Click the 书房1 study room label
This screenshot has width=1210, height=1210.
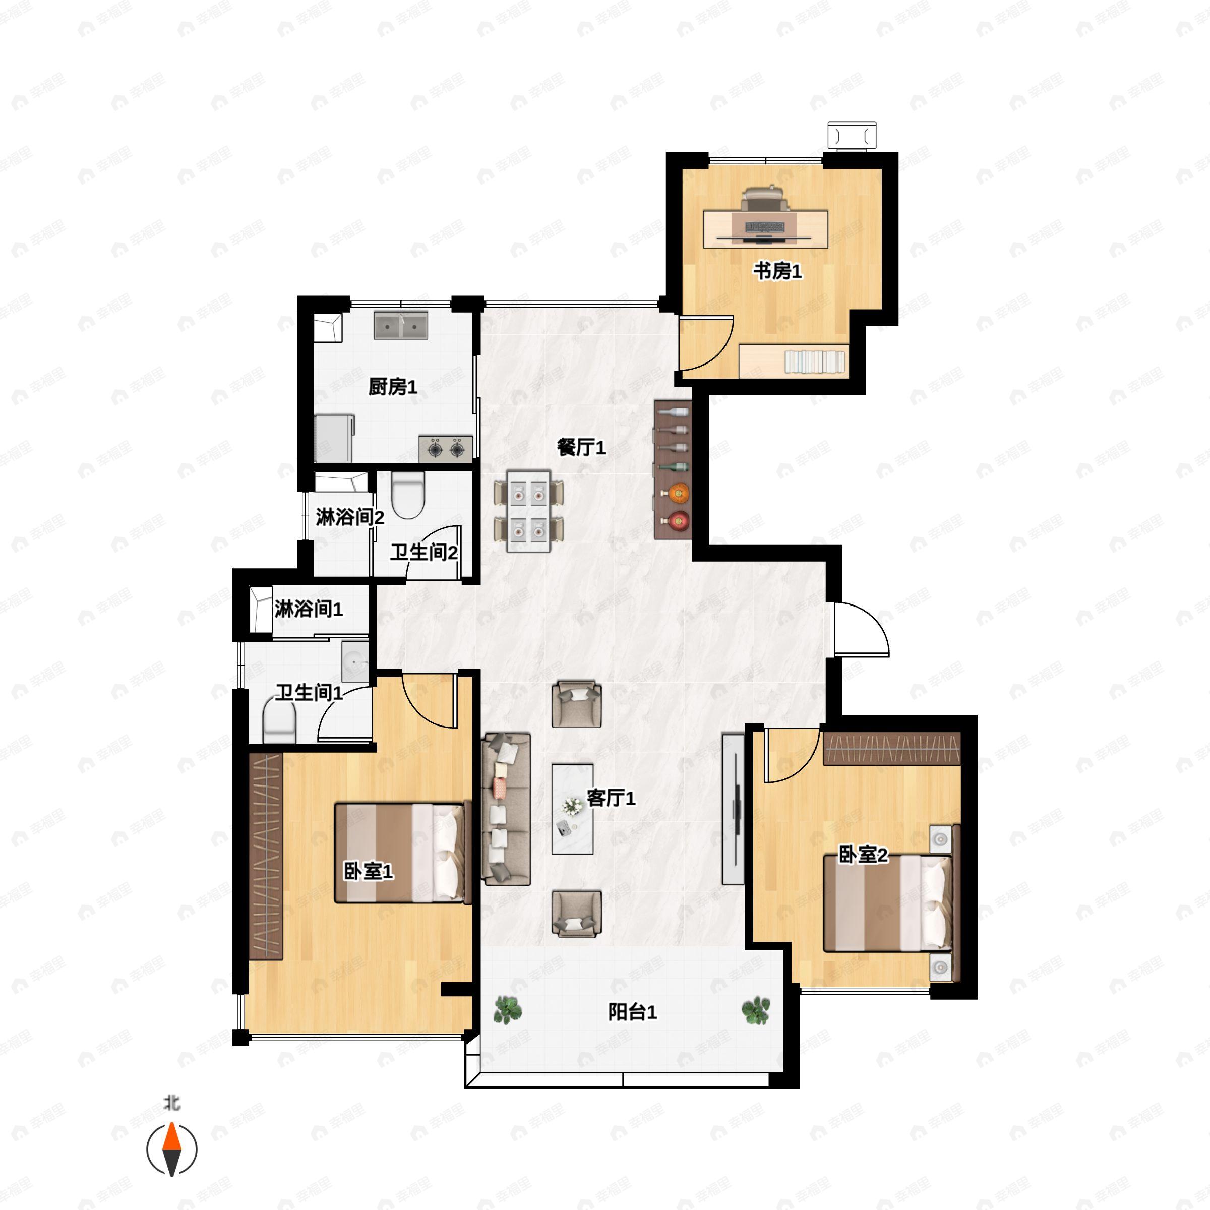777,272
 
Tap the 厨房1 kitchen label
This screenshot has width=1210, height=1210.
393,387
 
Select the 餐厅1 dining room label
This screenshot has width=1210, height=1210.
581,448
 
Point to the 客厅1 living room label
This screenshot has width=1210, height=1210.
611,798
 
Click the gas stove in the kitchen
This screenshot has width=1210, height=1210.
445,448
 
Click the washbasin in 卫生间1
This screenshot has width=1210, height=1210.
355,661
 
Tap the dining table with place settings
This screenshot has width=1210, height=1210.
528,511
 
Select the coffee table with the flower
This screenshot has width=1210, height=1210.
572,809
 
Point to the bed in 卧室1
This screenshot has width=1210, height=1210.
403,853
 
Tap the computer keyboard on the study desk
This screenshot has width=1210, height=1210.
765,227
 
